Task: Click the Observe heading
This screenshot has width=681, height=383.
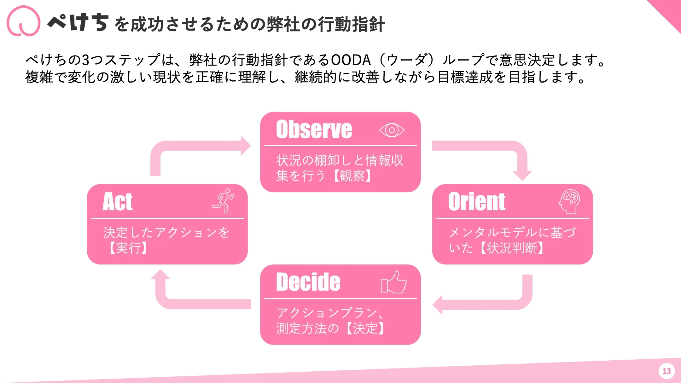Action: click(x=314, y=130)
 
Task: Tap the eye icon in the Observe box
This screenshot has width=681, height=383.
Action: click(x=392, y=130)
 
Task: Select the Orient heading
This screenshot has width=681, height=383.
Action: click(x=477, y=202)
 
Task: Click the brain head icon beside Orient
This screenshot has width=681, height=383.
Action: click(x=569, y=201)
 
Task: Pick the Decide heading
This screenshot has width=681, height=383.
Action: click(x=308, y=282)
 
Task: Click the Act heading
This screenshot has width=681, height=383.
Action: click(x=118, y=202)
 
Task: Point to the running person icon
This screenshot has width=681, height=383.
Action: click(x=224, y=201)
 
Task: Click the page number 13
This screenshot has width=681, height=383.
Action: click(x=666, y=371)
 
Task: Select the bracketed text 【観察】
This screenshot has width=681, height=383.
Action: click(x=352, y=176)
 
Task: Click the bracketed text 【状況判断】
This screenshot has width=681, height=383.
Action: click(x=512, y=248)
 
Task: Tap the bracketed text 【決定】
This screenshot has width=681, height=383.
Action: click(x=365, y=328)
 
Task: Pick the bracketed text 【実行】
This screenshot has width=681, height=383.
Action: click(x=128, y=248)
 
